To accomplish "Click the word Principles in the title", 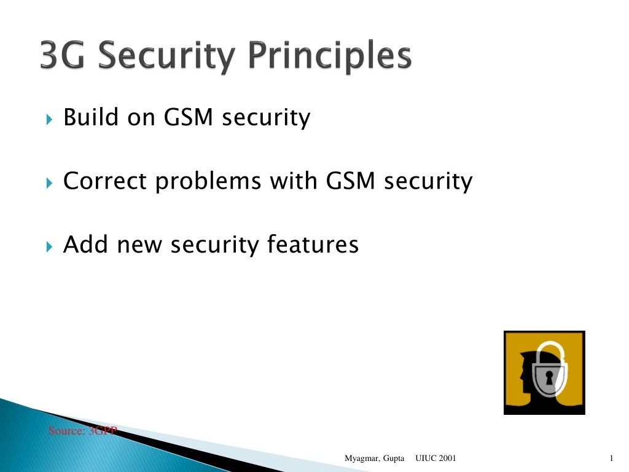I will click(330, 57).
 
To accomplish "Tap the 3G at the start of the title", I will click(61, 56).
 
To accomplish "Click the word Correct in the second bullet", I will click(105, 181).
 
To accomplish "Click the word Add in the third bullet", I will click(86, 245).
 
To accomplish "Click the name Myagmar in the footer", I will click(361, 458).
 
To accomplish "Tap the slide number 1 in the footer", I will click(612, 458).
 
